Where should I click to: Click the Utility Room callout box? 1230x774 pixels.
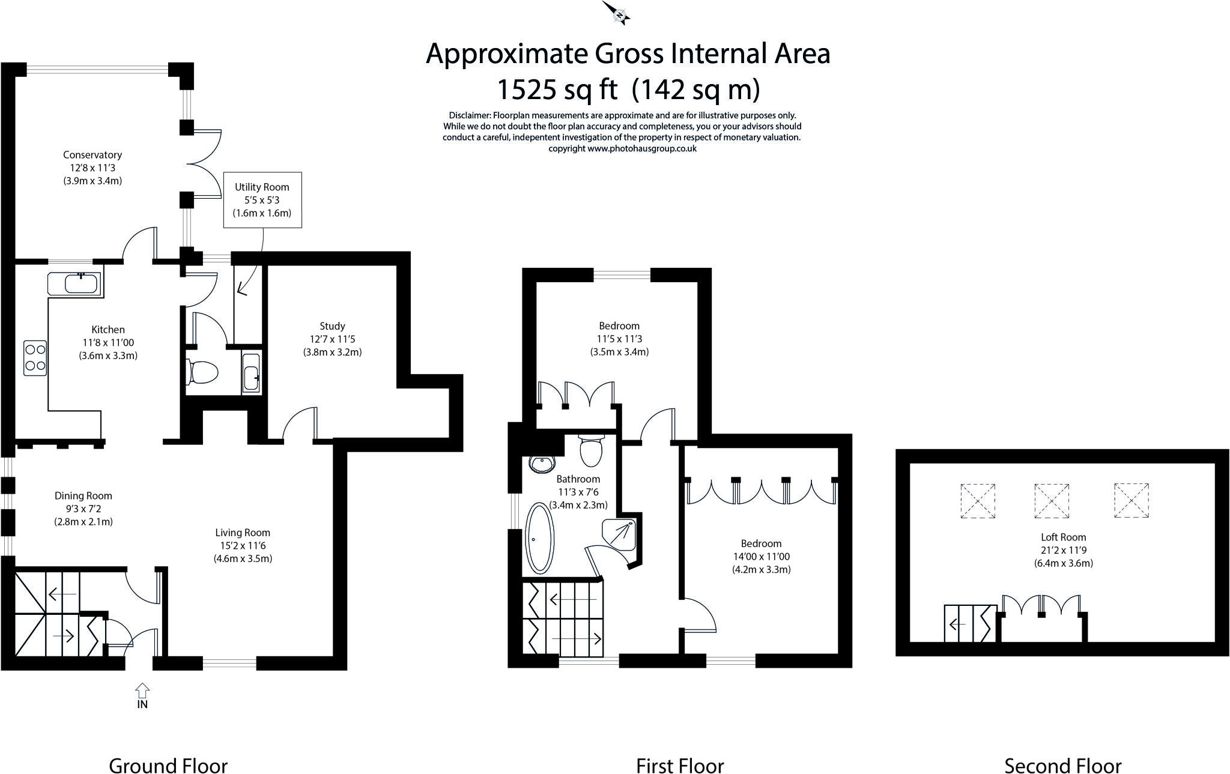point(262,200)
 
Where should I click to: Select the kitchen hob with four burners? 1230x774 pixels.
point(35,358)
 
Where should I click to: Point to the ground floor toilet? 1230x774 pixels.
point(202,372)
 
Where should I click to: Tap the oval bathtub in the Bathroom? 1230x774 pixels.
point(539,537)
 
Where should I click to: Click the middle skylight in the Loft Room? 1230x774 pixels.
point(1051,501)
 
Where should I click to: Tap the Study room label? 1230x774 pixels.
point(332,326)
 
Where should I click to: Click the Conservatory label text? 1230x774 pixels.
point(92,155)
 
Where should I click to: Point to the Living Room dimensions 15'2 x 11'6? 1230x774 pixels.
point(243,546)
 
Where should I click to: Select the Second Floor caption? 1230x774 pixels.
point(1062,749)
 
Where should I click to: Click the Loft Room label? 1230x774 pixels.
point(1063,537)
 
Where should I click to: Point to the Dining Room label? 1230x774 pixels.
point(83,495)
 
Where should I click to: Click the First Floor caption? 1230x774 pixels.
point(680,749)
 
